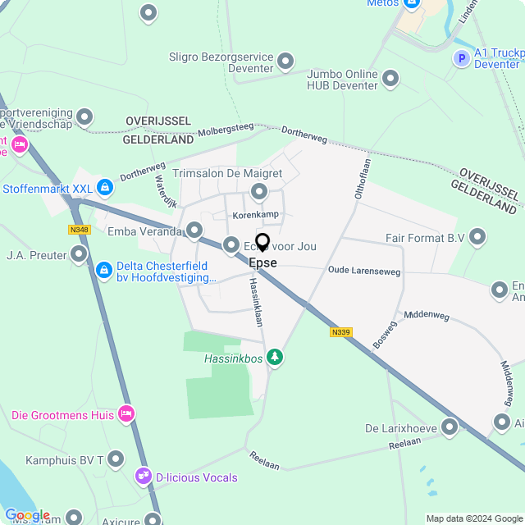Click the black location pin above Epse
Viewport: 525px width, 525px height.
[x=262, y=242]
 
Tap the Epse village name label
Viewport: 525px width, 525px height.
[x=262, y=263]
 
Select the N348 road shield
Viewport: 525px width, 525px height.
[x=80, y=230]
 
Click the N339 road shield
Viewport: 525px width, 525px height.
[x=341, y=332]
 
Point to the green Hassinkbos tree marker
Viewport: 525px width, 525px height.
[x=276, y=357]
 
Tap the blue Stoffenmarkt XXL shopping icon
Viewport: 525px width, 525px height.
[x=104, y=188]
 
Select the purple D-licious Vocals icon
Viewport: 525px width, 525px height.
[x=144, y=477]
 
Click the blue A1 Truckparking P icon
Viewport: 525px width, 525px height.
[x=462, y=58]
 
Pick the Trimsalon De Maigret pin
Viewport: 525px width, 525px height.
[x=260, y=192]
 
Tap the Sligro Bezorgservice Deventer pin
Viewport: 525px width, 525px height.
[x=285, y=61]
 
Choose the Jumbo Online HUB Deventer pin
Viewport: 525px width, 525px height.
[x=390, y=80]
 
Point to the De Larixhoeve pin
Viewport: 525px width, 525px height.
[x=449, y=427]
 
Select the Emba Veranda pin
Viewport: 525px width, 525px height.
[x=194, y=231]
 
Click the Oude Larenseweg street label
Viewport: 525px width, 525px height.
[x=363, y=270]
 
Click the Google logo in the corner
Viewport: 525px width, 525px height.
[x=27, y=515]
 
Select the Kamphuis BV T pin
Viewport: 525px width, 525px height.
[x=116, y=459]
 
